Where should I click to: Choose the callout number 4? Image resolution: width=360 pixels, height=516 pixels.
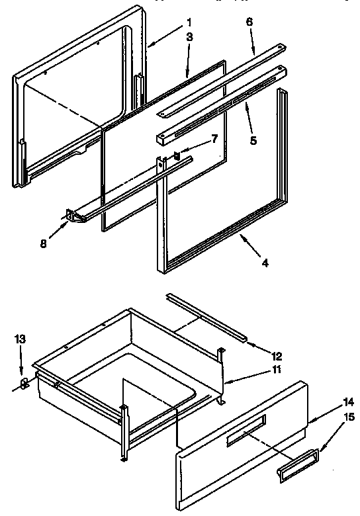point(264,263)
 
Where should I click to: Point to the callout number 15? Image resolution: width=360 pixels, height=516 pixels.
point(349,417)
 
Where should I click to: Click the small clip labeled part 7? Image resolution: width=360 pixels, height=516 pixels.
point(177,155)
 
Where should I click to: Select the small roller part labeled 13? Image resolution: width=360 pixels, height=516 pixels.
point(24,383)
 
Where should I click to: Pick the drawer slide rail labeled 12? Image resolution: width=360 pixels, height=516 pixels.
point(207,319)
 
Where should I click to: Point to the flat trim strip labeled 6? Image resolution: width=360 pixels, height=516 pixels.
point(225,79)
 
